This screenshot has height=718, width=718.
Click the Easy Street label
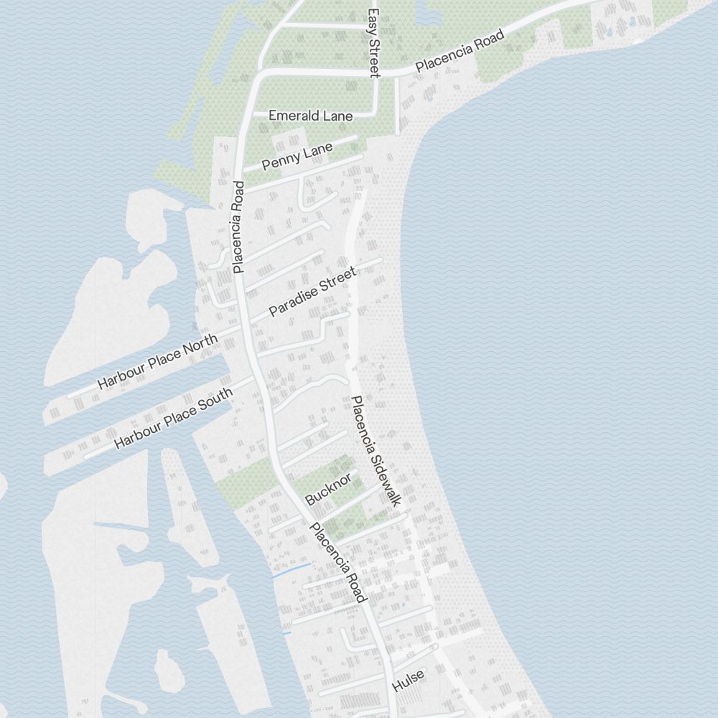[x=373, y=42]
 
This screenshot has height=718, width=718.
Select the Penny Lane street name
[x=297, y=157]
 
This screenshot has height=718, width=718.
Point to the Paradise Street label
[x=312, y=292]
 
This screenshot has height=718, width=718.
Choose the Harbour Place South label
[x=174, y=419]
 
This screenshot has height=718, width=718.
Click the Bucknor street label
[x=329, y=488]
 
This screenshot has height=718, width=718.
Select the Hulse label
[x=409, y=681]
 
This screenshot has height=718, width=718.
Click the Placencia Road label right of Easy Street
[x=457, y=52]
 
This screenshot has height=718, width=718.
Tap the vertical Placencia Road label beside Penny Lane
[x=239, y=227]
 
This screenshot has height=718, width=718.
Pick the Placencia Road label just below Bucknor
[x=338, y=563]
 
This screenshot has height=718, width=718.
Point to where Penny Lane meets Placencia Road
[x=242, y=171]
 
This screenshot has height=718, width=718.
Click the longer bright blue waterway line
[x=292, y=570]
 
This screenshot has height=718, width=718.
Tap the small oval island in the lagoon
[x=169, y=668]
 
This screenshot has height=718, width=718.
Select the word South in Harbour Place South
[x=215, y=402]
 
